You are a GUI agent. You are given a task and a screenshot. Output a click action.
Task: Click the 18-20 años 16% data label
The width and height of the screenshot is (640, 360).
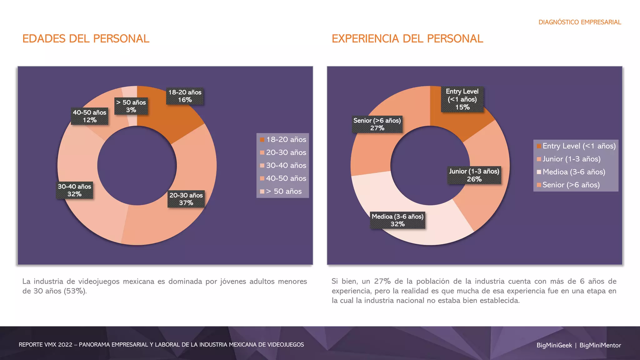point(185,96)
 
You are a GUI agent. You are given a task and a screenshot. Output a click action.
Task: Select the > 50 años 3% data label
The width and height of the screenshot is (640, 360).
point(131,106)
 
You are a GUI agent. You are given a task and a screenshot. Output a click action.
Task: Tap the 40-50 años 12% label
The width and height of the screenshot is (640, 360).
point(89,116)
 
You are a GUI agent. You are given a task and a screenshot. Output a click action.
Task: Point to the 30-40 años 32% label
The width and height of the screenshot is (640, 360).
point(74,190)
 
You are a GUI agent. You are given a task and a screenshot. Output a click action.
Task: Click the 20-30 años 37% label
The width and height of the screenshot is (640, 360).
point(186,199)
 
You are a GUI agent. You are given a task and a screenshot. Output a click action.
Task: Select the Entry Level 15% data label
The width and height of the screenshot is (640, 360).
point(462,99)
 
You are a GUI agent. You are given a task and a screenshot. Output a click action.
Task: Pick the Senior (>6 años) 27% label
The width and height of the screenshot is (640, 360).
point(377,124)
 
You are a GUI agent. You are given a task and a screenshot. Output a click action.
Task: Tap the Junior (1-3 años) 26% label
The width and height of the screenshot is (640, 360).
point(474,175)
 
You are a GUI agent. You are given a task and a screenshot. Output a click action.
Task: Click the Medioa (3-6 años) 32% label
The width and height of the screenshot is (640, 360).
point(397,220)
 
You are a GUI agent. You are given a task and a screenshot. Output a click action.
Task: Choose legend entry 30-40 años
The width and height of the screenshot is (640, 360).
point(286,165)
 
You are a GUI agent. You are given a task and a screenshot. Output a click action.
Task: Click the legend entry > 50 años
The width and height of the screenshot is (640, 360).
point(283,191)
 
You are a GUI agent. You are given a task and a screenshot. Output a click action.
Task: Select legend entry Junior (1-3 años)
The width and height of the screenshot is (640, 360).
point(571,159)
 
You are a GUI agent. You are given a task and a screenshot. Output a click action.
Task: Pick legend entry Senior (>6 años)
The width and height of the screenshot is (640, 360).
point(571,185)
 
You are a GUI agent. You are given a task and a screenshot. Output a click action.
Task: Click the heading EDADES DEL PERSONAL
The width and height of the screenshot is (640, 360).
point(86,39)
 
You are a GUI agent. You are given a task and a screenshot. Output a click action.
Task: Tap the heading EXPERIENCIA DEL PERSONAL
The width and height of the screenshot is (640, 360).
point(407,39)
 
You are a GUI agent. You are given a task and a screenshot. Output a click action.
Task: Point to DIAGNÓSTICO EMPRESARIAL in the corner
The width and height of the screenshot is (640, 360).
point(579,22)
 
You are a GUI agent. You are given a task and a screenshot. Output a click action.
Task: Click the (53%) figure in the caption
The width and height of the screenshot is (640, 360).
point(75,291)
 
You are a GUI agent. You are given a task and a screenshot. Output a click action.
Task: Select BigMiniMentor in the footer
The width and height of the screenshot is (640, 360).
point(600,345)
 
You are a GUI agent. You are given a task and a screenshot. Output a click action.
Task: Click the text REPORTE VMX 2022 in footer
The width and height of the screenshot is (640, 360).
point(45,345)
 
